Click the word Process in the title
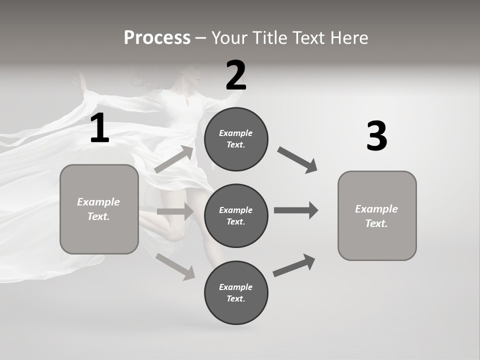coord(157,37)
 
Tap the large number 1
coord(99,128)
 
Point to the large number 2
coord(236,75)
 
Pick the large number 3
coord(376,136)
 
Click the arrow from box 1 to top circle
coord(174,159)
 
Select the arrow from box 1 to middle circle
coord(175,211)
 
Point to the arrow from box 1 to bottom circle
coord(175,266)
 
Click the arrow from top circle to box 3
coord(297,159)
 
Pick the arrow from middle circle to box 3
coord(296,210)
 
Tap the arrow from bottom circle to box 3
coord(294,265)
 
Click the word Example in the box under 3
coord(376,209)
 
